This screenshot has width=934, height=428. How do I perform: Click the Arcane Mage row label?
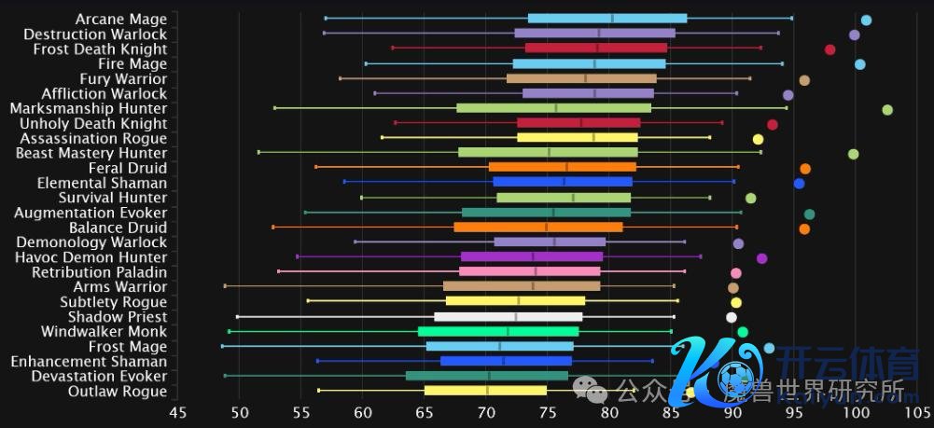point(121,19)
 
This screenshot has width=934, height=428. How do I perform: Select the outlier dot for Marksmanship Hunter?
point(887,110)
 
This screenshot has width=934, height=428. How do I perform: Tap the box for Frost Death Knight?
point(596,48)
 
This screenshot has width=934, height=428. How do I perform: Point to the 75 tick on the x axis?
point(548,411)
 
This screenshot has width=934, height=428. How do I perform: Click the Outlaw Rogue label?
point(118,392)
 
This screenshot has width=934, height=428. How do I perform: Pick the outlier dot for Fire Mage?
point(859,64)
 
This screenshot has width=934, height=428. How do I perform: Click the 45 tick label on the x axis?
point(177,411)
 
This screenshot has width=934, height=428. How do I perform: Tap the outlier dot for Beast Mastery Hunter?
point(853,154)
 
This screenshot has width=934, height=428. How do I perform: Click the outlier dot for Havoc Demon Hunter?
point(761,258)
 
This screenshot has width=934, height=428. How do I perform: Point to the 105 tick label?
point(917,411)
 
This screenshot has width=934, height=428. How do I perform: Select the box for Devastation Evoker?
point(486,376)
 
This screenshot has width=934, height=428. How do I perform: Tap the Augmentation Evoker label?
point(91,213)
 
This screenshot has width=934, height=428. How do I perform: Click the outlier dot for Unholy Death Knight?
point(773,124)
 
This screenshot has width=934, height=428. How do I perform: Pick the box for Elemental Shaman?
point(563,182)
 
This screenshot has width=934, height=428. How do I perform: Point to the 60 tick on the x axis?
point(362,411)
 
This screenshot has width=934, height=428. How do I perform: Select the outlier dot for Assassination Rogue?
point(758,139)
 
